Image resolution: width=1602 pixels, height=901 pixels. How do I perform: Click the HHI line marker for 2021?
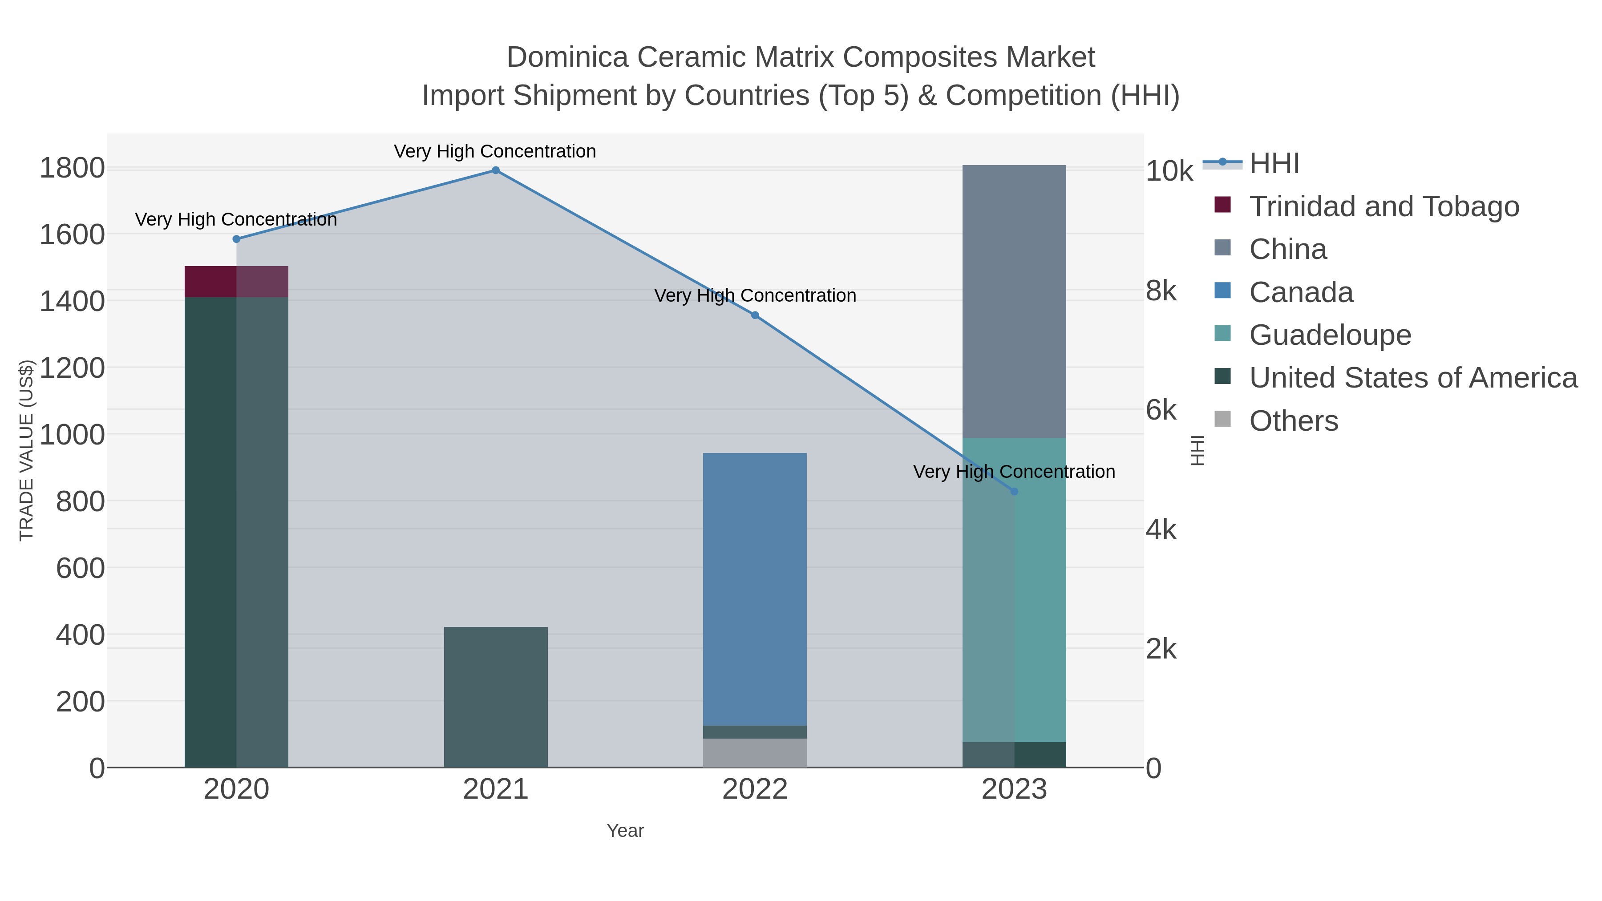496,170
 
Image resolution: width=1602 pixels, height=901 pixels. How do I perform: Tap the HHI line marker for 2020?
236,239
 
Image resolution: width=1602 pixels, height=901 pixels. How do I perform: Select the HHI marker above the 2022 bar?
755,315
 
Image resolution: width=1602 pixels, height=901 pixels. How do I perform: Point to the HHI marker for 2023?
1014,492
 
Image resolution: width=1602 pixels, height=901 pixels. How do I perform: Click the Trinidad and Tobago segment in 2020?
236,282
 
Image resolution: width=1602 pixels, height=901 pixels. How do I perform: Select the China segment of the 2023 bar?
1014,302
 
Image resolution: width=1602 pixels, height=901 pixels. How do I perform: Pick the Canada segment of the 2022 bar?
755,589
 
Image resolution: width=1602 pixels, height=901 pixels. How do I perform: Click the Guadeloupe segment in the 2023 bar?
1014,590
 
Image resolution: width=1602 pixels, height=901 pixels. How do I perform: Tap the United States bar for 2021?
496,697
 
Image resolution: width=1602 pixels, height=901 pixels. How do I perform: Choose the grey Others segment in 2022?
755,753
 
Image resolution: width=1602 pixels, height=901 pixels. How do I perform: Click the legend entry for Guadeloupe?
1330,335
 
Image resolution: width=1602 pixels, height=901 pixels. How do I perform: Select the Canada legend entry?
1301,292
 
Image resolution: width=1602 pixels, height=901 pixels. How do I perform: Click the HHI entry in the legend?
1274,164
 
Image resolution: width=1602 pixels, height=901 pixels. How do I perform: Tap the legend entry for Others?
1294,421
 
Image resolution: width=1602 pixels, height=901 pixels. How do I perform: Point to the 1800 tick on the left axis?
72,169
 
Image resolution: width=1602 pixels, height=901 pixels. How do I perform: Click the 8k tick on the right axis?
1161,291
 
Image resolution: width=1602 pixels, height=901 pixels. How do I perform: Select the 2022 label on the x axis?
755,790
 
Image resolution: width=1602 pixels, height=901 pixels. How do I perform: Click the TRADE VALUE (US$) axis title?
26,450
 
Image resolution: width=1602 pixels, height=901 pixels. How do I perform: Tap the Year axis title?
625,831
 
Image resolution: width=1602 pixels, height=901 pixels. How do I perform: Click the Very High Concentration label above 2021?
495,151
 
